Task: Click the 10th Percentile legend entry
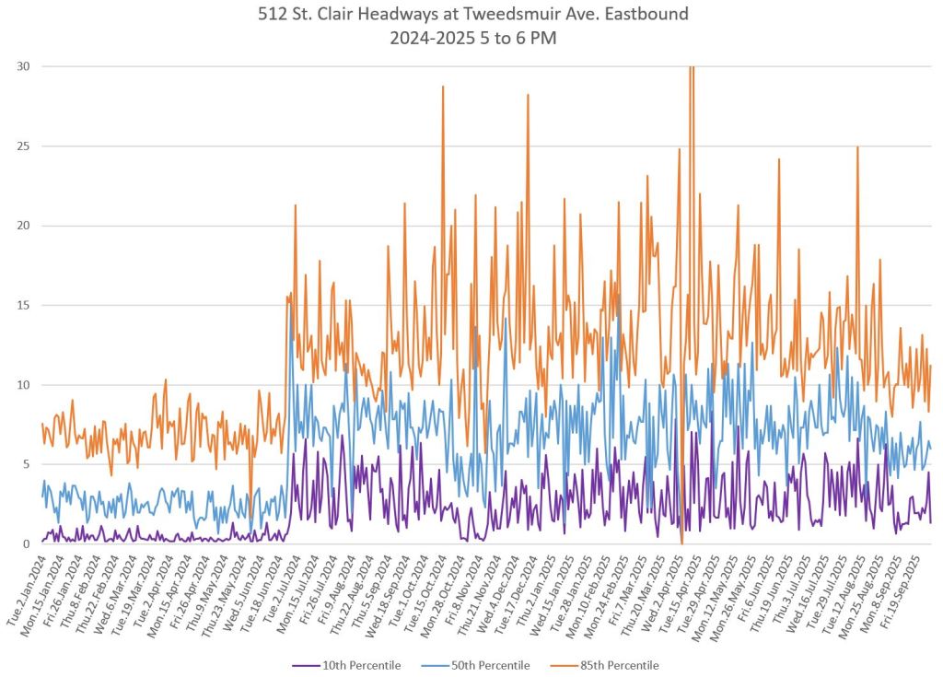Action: point(359,665)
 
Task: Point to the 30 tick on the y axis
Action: point(21,66)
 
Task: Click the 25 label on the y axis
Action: point(21,146)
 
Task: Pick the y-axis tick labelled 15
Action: point(21,305)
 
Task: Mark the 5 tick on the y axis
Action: point(25,464)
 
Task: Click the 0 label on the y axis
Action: point(25,543)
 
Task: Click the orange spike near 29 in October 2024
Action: point(443,88)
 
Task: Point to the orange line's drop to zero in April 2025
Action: point(681,542)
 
